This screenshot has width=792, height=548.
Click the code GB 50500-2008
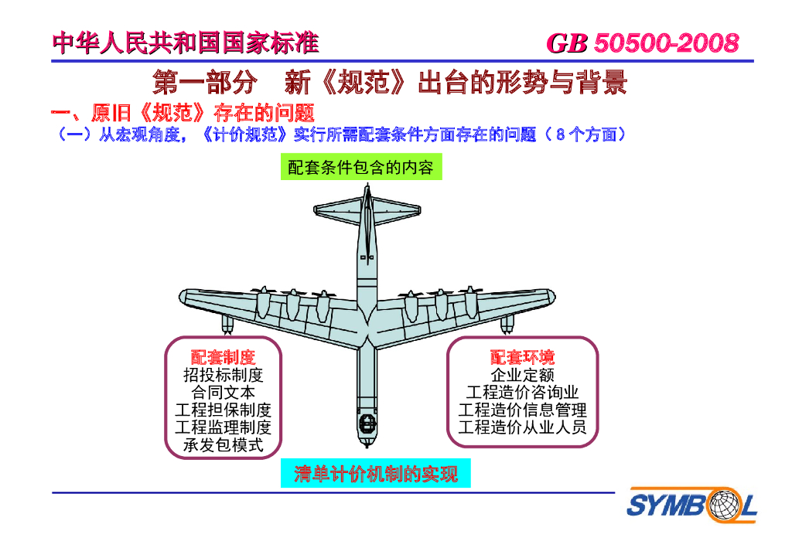[642, 43]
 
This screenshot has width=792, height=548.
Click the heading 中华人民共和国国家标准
[186, 43]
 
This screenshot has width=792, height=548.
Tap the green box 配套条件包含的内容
[361, 168]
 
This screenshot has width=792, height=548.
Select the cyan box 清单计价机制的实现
[376, 474]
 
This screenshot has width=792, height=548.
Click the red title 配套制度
[223, 357]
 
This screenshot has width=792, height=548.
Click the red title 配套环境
[522, 357]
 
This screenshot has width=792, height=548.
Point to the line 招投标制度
[223, 375]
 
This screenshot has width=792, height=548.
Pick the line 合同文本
[223, 393]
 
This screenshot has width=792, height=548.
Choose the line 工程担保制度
[223, 410]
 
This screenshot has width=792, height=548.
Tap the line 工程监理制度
[223, 427]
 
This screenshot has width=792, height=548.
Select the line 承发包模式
[223, 444]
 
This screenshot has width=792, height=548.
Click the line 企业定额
[522, 375]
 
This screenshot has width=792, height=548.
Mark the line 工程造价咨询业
[522, 393]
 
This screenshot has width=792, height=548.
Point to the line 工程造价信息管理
[522, 410]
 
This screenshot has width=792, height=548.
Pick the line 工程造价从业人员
[522, 427]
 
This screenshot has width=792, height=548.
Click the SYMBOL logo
[691, 506]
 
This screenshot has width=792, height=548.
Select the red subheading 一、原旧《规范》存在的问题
[183, 114]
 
